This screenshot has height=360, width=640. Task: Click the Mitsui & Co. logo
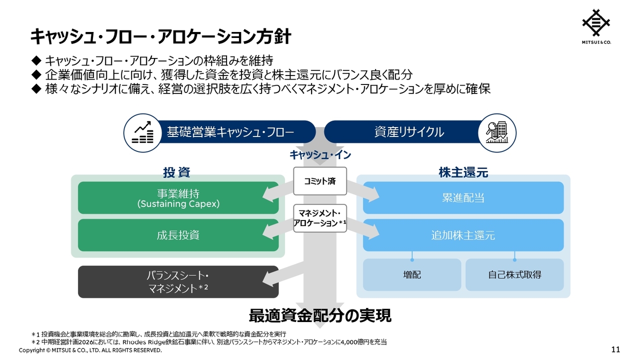[x=596, y=26]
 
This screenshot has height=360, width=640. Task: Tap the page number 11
[x=615, y=349]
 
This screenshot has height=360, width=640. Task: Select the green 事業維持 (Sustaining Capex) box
[x=178, y=197]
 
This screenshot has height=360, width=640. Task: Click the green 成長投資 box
[x=178, y=235]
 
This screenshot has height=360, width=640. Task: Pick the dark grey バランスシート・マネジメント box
[x=178, y=281]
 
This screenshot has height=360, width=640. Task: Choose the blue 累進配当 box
[x=463, y=197]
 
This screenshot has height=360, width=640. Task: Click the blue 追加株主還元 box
[x=463, y=235]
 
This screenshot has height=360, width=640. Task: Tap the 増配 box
[x=411, y=275]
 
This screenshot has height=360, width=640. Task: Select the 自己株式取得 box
[x=514, y=275]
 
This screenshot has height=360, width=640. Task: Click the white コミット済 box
[x=320, y=181]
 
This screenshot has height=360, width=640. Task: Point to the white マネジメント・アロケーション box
[x=320, y=218]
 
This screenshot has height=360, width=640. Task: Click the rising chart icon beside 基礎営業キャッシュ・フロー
[x=143, y=133]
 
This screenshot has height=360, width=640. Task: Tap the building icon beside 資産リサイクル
[x=497, y=133]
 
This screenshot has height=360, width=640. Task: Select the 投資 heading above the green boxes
[x=176, y=172]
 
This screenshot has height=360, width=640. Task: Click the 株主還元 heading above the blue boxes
[x=463, y=172]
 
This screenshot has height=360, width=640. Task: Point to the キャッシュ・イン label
[x=320, y=155]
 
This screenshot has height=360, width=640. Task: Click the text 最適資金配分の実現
[x=320, y=315]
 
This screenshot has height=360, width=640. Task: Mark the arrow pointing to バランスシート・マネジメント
[x=283, y=275]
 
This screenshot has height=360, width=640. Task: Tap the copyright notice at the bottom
[x=90, y=350]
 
